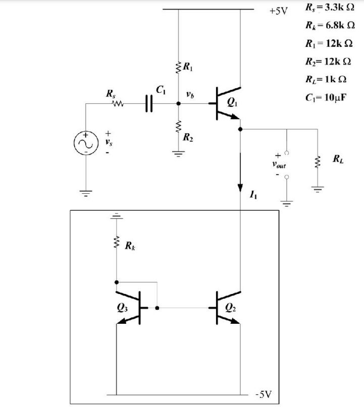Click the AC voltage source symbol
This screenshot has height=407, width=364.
[x=84, y=144]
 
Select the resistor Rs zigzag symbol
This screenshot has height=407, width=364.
[x=117, y=104]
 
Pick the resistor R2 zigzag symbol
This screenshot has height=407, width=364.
[x=178, y=130]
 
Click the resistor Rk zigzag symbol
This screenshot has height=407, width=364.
[x=117, y=245]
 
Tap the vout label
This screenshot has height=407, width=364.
[x=278, y=164]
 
